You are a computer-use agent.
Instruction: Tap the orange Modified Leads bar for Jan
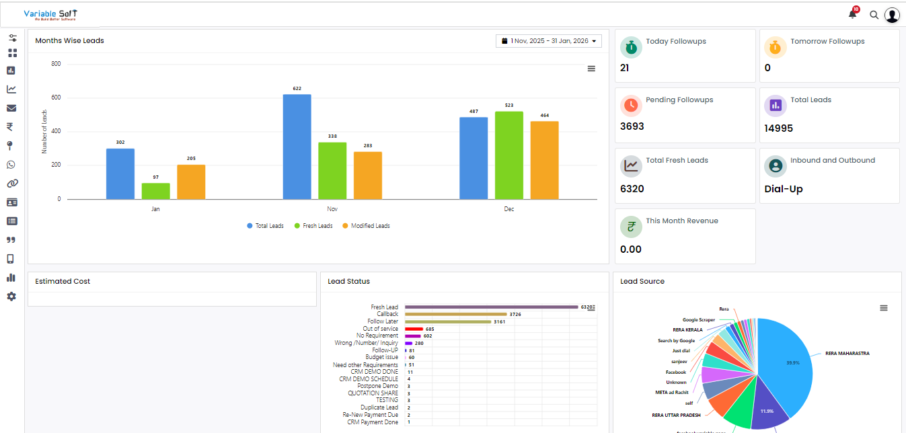point(191,182)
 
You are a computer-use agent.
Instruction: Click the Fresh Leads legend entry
point(313,226)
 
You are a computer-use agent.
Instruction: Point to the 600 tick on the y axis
point(56,98)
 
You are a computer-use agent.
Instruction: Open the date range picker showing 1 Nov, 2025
point(549,41)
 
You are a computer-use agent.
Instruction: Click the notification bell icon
point(852,14)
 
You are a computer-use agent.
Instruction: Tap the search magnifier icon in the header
point(874,15)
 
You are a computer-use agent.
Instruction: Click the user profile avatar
point(892,15)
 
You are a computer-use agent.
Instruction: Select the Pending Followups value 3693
point(632,126)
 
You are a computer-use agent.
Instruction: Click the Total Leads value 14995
point(779,128)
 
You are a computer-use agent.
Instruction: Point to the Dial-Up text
point(784,189)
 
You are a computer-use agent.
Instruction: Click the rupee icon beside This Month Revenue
point(631,227)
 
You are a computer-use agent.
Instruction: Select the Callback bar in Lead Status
point(455,314)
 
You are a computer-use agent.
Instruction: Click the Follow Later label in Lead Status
point(383,321)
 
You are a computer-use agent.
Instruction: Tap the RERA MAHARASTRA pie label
point(847,353)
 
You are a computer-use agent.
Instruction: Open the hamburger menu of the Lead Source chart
point(884,308)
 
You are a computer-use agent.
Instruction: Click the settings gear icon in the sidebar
point(11,297)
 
